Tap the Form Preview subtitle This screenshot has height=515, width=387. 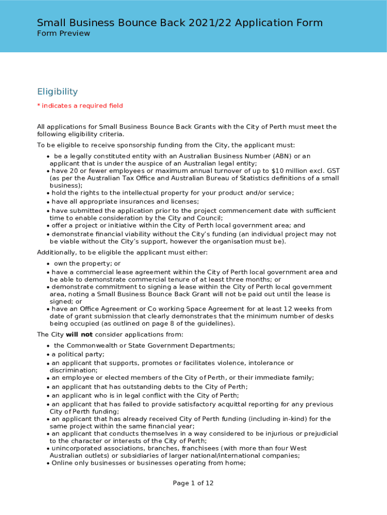tap(63, 33)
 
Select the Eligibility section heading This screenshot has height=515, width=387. tap(57, 92)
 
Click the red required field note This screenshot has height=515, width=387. tap(80, 106)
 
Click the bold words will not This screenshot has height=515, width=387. tap(79, 334)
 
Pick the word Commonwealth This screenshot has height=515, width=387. tap(93, 346)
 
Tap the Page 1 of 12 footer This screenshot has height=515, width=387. tap(193, 483)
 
